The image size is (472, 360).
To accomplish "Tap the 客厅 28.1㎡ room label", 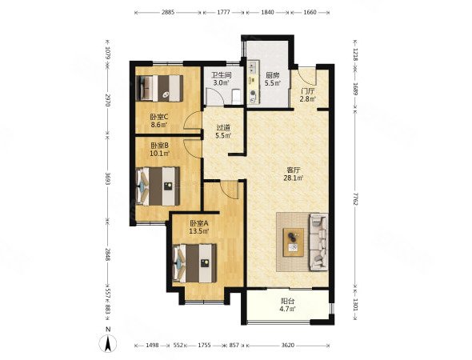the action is [293, 174].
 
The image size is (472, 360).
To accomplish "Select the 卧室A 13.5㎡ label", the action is [199, 227].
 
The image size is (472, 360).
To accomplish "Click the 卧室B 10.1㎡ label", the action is [159, 150].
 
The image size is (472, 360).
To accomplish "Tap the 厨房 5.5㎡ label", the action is [273, 79].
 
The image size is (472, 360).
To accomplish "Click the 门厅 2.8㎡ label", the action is [308, 95].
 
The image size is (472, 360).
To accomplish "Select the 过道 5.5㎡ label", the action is [223, 131].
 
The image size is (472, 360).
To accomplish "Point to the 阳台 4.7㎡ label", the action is [287, 304].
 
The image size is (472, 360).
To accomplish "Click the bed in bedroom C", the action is [159, 88].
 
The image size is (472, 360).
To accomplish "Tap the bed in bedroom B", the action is [158, 186].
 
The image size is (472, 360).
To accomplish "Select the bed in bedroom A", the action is [194, 263].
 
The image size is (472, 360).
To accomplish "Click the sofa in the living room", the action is [318, 242].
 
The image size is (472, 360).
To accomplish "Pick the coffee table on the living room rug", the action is [294, 242].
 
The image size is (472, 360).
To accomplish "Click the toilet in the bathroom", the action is [236, 96].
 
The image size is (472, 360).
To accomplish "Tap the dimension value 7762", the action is [355, 199].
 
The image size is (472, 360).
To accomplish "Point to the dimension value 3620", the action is [287, 346].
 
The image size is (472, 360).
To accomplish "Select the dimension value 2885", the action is [168, 12].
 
